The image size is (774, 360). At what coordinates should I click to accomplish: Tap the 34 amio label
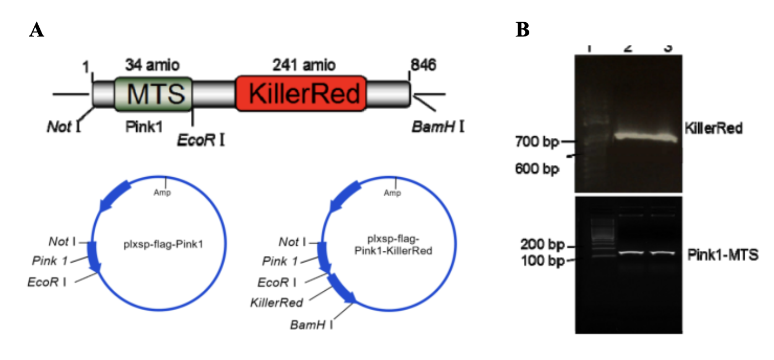[153, 65]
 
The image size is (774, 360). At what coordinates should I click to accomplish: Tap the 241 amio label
[303, 65]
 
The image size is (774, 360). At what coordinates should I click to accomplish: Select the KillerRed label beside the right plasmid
[276, 302]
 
